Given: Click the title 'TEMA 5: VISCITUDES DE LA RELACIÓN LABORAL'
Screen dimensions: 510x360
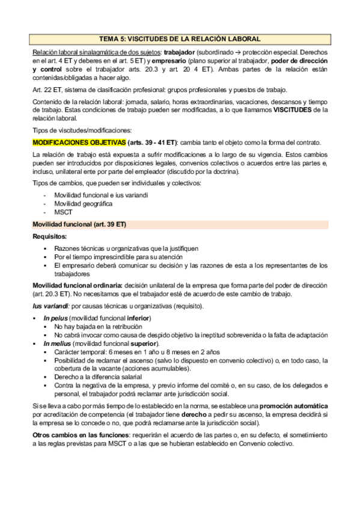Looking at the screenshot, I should (x=180, y=38).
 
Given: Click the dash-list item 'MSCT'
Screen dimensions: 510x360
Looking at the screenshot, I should (x=63, y=212).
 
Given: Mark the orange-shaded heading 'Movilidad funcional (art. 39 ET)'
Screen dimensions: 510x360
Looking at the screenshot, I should (x=79, y=224).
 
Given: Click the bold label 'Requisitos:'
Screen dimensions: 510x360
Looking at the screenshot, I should (x=50, y=237).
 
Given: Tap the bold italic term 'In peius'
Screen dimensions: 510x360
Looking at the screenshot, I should (x=55, y=318).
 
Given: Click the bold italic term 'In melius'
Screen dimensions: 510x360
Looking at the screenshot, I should (x=57, y=343).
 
